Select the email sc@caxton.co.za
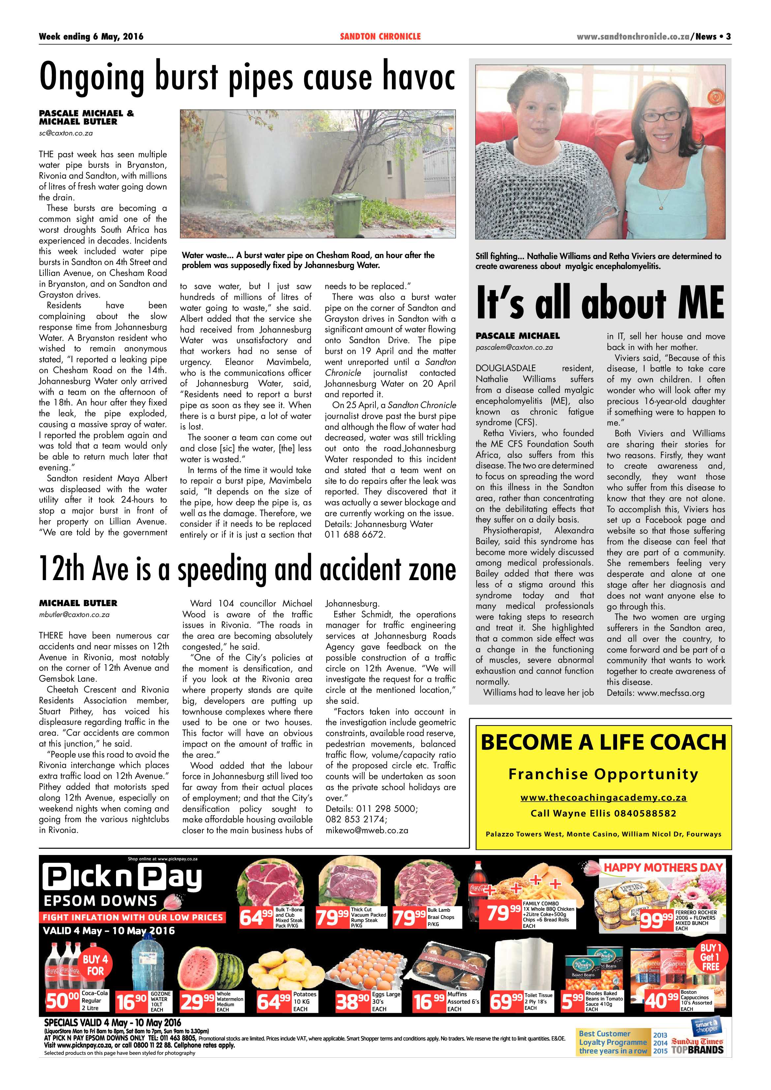[x=66, y=133]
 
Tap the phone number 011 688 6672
[x=355, y=535]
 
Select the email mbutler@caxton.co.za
[x=74, y=614]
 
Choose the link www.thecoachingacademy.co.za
[x=604, y=798]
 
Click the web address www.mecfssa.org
[x=671, y=693]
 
